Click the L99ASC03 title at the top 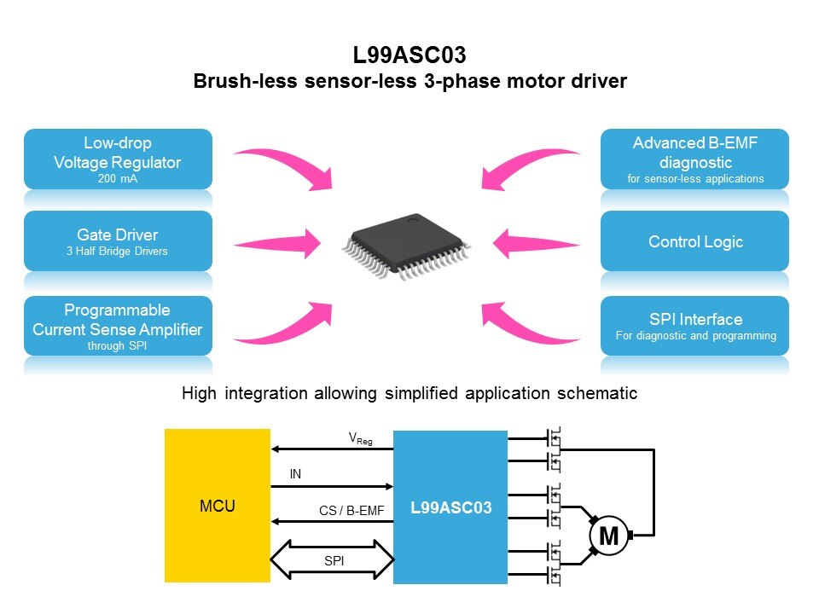coord(409,57)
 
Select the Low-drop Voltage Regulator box coord(119,159)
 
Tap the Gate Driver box coord(119,240)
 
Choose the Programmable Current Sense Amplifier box coord(119,325)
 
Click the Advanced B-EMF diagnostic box coord(694,159)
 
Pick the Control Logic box coord(694,241)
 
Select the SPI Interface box coord(694,325)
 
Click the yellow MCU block coord(217,506)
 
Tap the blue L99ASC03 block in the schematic coord(450,507)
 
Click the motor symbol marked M coord(609,536)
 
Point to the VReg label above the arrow coord(360,439)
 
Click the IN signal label coord(296,474)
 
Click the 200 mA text coord(119,179)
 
